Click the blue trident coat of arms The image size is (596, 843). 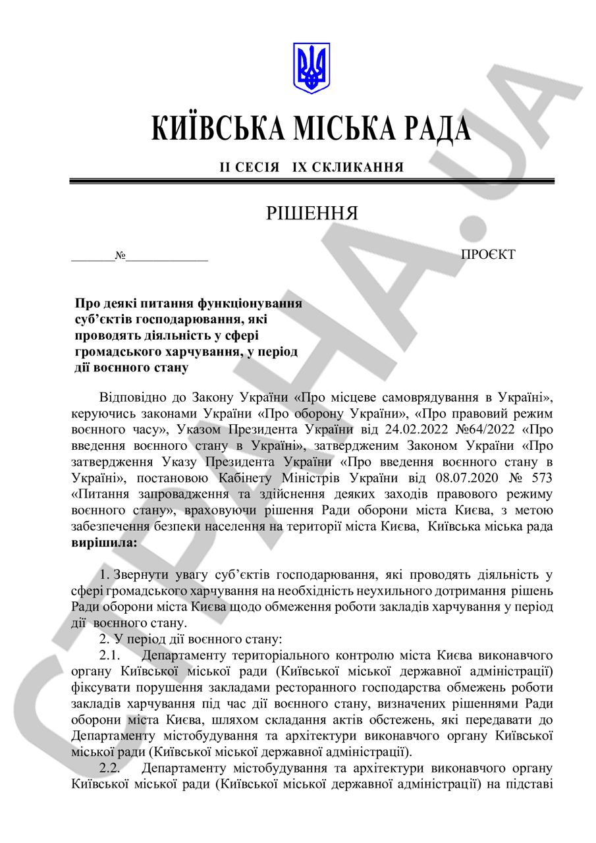pyautogui.click(x=311, y=68)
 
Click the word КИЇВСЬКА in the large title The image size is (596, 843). pyautogui.click(x=217, y=128)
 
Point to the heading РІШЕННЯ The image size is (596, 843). pyautogui.click(x=312, y=213)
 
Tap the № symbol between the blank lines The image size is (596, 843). pyautogui.click(x=121, y=256)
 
